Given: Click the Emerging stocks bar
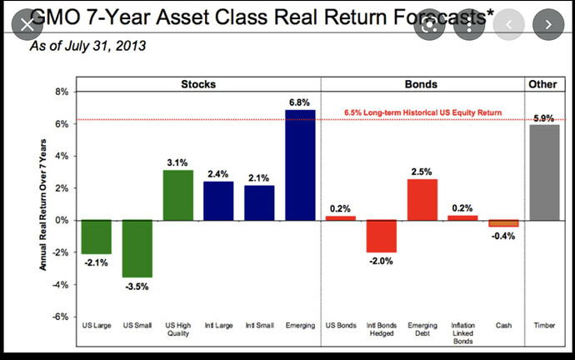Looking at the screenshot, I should (x=300, y=165).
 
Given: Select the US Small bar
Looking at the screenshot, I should (x=137, y=248).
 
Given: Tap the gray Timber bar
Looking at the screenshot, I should (x=543, y=172).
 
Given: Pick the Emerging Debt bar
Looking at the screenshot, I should (x=422, y=199).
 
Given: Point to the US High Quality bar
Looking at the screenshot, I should (x=177, y=195).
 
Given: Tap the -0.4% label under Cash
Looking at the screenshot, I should (x=503, y=236).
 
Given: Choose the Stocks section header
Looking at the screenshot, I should (x=198, y=84).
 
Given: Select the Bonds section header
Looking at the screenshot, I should (x=422, y=84).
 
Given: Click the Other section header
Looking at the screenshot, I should (x=543, y=84).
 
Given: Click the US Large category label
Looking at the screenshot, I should (x=96, y=326).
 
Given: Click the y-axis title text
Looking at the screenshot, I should (x=41, y=204).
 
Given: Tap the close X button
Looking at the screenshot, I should (x=27, y=23).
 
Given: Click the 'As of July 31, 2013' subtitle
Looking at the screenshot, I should (x=87, y=46).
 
